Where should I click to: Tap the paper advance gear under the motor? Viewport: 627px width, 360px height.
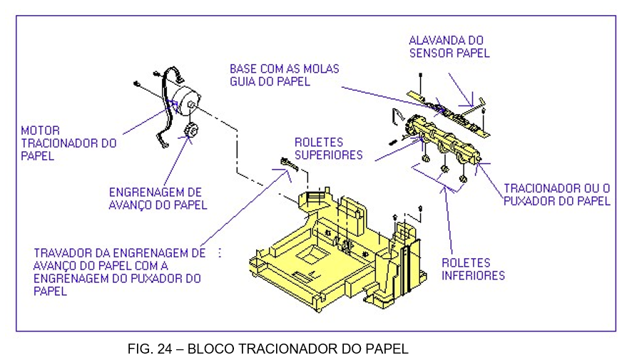coord(190,132)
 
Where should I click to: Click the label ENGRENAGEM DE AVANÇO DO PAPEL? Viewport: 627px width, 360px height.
coord(158,199)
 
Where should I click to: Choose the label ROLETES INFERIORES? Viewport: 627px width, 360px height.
coord(473,269)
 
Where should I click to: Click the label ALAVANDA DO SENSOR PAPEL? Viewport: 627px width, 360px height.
coord(449,46)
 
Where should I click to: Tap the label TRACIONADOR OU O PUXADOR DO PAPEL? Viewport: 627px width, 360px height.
coord(556,195)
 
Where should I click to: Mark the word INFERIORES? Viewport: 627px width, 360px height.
coord(473,275)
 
